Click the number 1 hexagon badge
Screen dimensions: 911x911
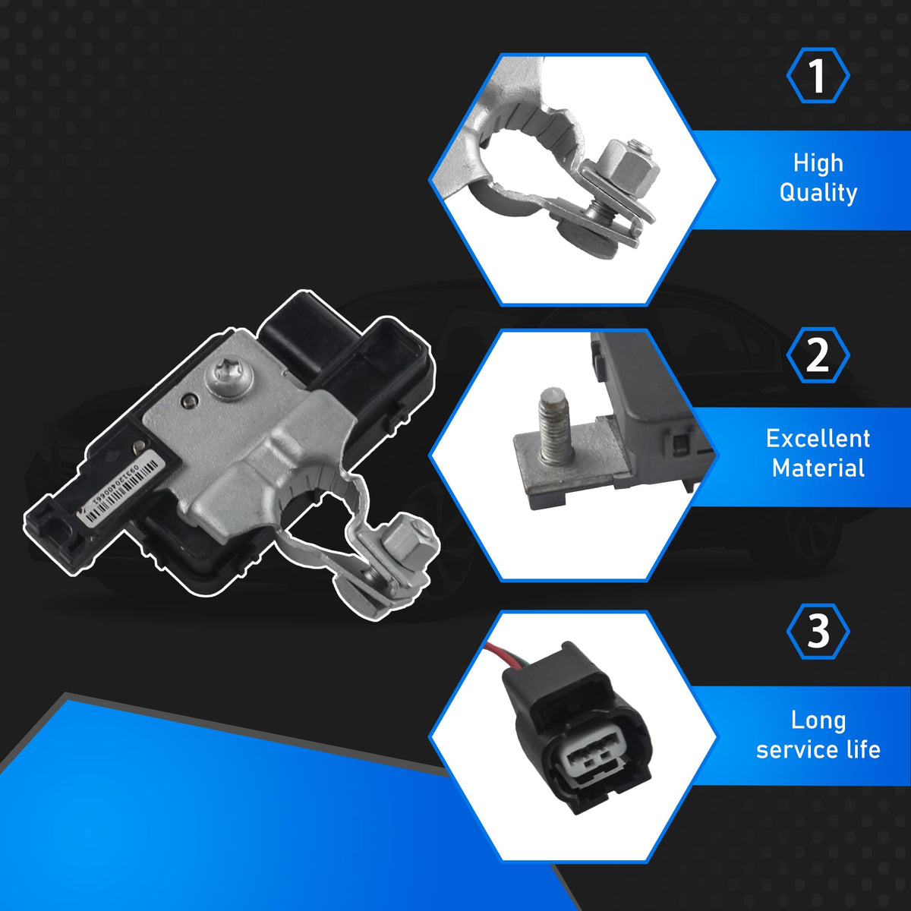point(818,76)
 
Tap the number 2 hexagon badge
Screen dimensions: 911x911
point(818,355)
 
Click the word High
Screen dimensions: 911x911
point(818,163)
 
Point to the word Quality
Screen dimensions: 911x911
point(818,193)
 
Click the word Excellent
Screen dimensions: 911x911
point(818,439)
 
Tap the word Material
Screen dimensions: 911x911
point(818,468)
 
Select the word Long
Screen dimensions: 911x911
point(818,720)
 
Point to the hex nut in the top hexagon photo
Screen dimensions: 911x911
point(629,170)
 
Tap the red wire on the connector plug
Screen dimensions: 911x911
point(496,651)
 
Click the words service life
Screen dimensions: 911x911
point(818,750)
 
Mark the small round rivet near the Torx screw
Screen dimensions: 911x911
point(188,401)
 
